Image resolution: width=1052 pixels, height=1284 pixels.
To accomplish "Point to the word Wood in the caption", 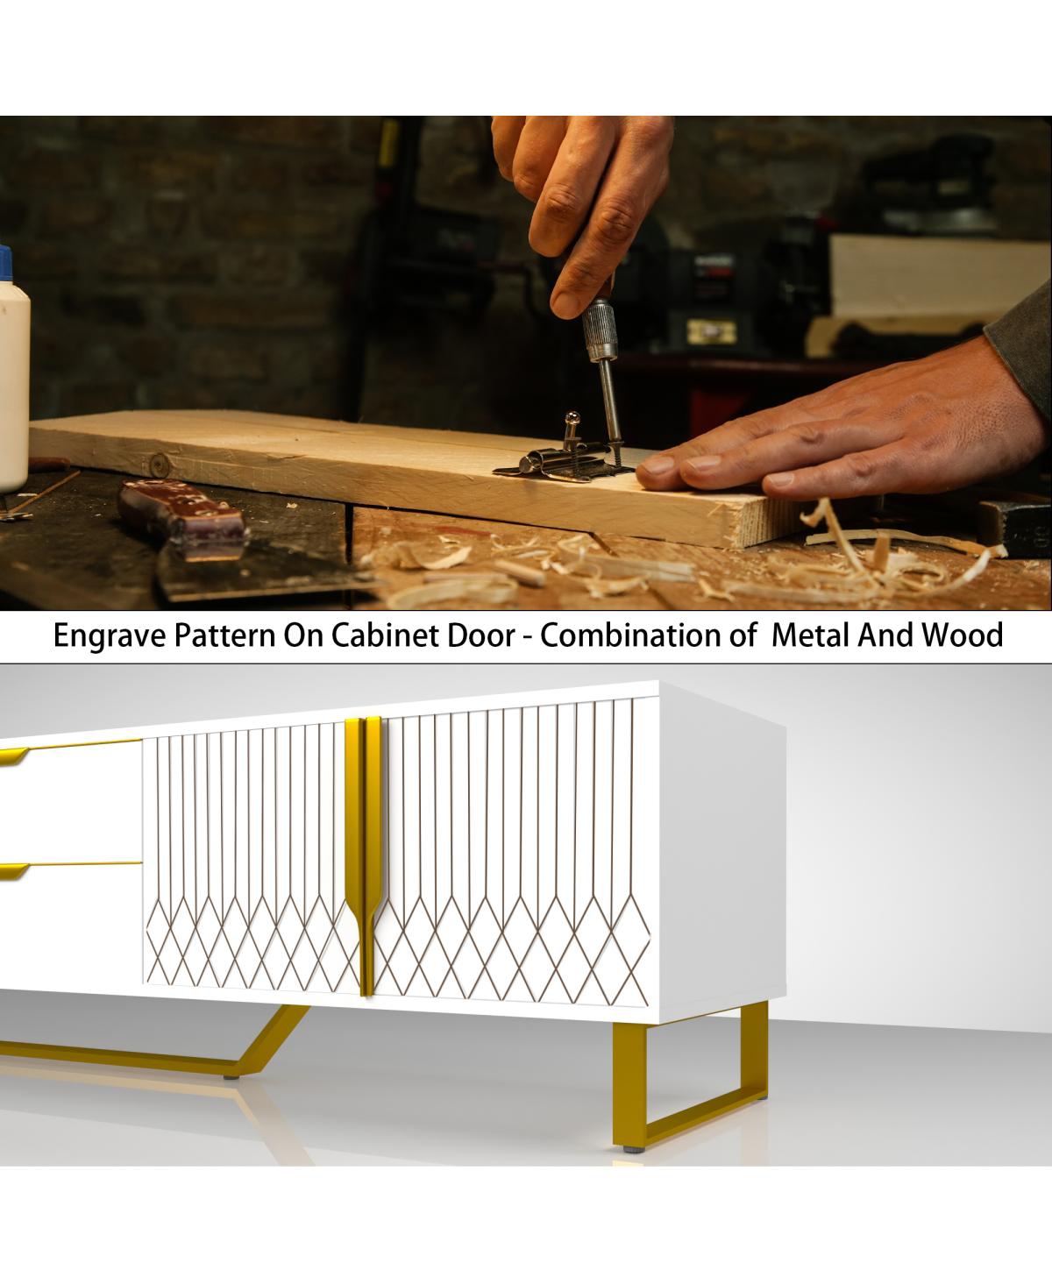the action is (963, 635).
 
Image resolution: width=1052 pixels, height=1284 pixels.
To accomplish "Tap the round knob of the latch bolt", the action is (572, 418).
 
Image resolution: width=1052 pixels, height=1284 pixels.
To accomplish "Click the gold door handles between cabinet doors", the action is (364, 855).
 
